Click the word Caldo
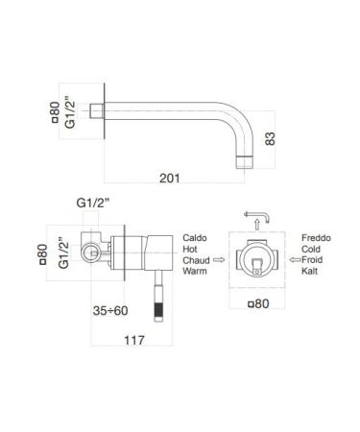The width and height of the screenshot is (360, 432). [x=195, y=234]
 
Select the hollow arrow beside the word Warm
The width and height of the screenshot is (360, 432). [x=219, y=259]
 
